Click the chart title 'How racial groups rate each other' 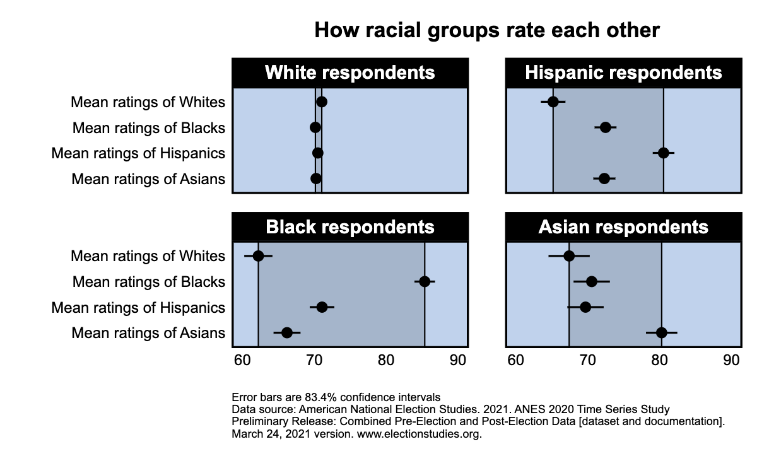486,30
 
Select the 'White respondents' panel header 349,73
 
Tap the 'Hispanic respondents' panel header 623,73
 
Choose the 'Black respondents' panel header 349,227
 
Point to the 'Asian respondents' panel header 623,227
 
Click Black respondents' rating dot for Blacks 425,281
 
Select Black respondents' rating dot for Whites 258,255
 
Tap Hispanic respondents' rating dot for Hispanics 663,153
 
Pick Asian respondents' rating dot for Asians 661,333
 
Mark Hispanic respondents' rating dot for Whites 553,102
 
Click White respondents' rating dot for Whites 322,102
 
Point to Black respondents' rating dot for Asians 287,333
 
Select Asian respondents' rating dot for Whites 569,255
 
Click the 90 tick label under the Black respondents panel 458,361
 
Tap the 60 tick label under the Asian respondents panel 515,361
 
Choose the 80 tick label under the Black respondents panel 386,361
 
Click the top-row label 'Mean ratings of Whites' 148,102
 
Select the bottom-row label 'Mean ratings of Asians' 148,333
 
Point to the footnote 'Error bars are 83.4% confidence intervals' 336,397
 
